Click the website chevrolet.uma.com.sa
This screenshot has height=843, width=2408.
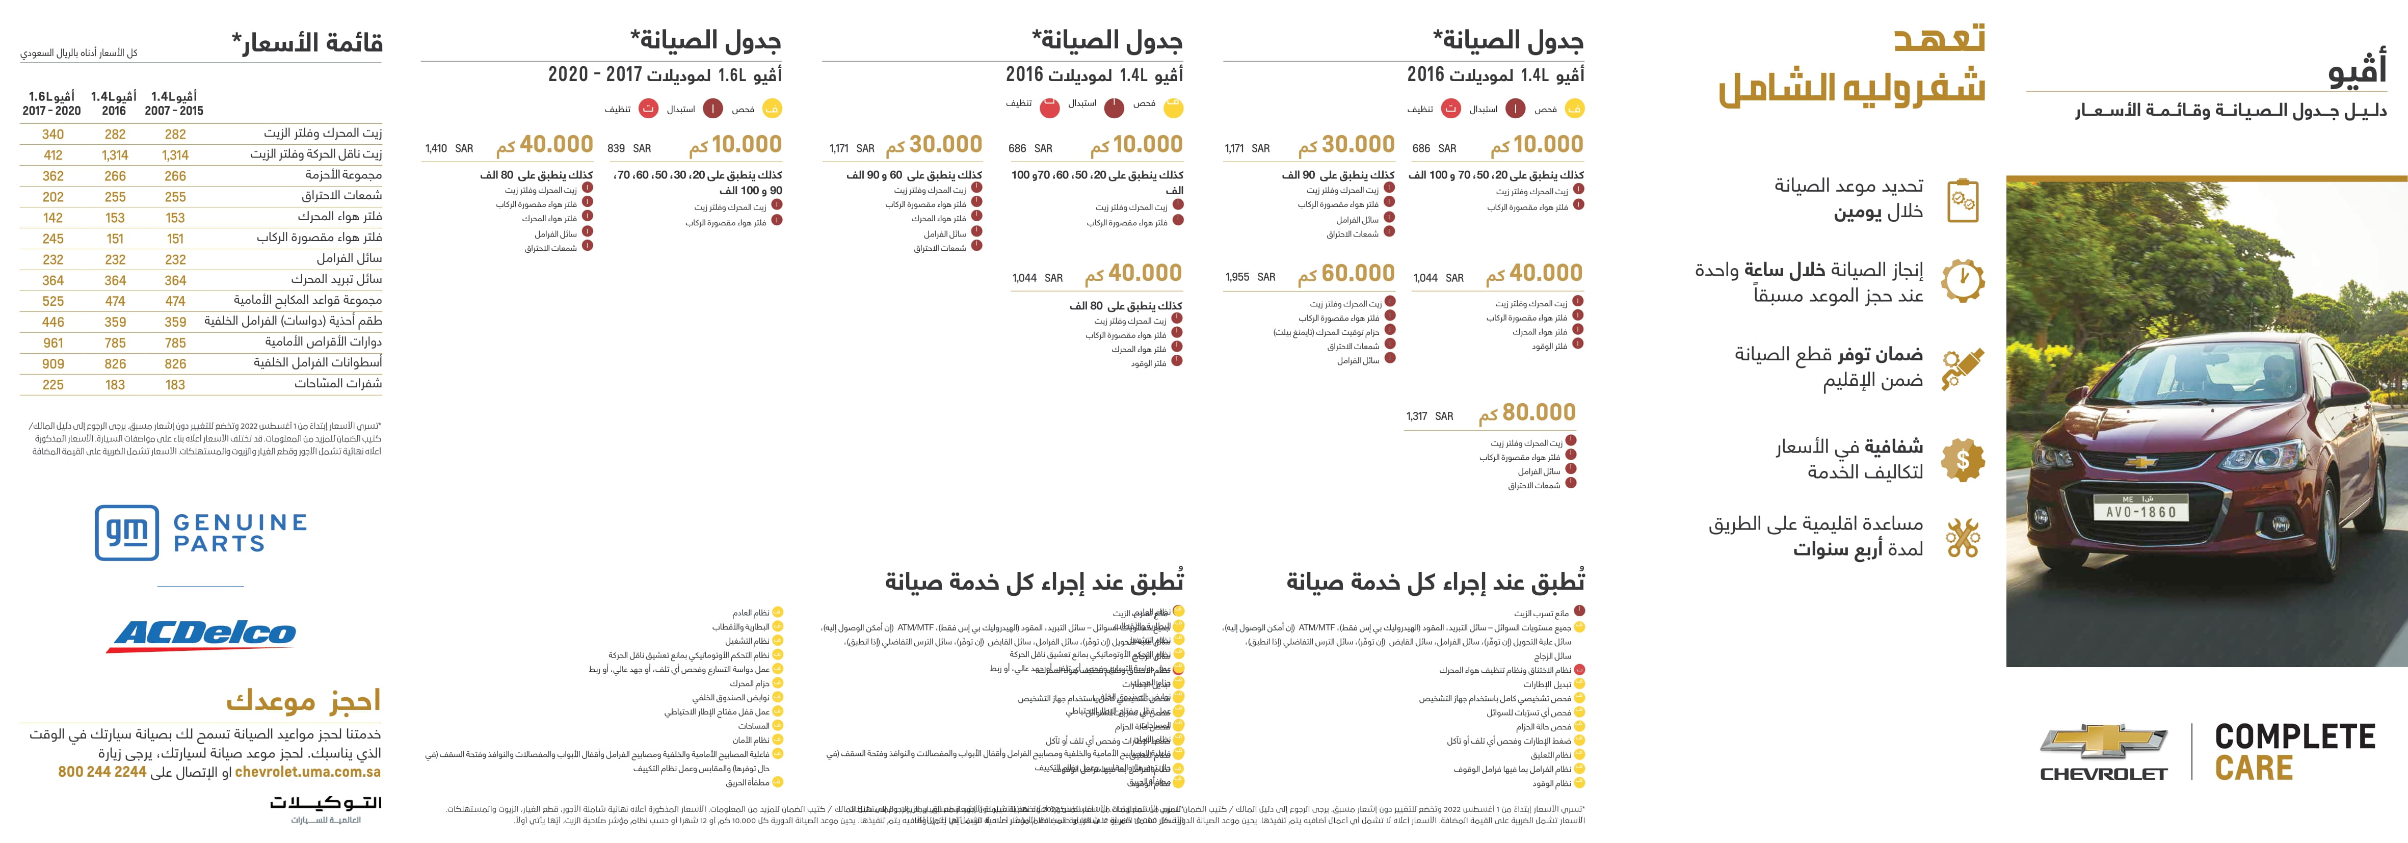[307, 772]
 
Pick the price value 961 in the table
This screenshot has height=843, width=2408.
[54, 343]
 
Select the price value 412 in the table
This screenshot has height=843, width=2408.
[54, 155]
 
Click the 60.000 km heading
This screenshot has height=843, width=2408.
[1346, 274]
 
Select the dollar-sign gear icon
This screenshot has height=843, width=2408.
[1962, 460]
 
